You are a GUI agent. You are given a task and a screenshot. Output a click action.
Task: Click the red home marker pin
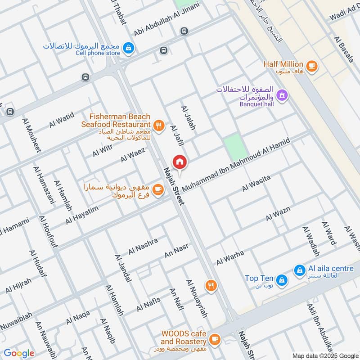click(180, 162)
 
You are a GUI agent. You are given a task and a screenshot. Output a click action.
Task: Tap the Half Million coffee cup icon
click(311, 66)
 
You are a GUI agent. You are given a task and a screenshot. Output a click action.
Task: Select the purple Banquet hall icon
click(282, 95)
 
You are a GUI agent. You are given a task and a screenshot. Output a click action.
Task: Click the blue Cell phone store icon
click(129, 47)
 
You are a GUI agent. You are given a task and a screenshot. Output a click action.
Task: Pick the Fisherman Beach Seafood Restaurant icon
click(158, 126)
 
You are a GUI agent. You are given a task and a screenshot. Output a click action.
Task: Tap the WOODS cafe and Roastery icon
click(215, 338)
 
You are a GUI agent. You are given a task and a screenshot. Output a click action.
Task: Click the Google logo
click(19, 353)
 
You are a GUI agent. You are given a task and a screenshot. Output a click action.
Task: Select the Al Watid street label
click(62, 120)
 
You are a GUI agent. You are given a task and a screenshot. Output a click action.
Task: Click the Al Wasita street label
click(256, 184)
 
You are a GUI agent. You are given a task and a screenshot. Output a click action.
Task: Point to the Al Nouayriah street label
click(197, 298)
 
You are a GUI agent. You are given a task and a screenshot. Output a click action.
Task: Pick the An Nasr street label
click(176, 251)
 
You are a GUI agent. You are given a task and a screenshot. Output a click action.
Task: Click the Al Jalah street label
click(189, 118)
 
